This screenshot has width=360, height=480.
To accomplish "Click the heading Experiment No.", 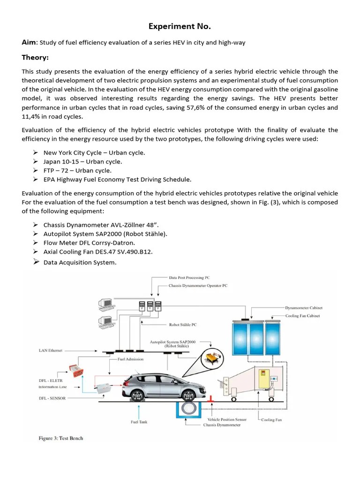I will (x=180, y=26).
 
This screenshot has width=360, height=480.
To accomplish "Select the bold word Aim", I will (x=29, y=43).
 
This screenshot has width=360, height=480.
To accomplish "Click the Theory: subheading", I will (x=35, y=58).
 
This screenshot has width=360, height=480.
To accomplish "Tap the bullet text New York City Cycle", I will (x=94, y=153).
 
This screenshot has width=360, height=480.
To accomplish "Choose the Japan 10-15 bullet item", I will (x=82, y=162).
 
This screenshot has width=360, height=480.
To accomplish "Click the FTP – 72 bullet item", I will (x=77, y=171).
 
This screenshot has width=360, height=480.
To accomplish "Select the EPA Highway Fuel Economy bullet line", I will (x=117, y=180).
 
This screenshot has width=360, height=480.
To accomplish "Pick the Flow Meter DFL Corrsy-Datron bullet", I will (x=89, y=243).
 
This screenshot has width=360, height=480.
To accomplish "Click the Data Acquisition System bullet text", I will (x=80, y=262).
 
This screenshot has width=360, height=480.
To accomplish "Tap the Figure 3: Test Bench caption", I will (x=60, y=438).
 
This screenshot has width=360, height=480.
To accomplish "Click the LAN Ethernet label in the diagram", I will (x=50, y=351).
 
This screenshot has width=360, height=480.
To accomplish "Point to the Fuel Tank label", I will (x=139, y=422).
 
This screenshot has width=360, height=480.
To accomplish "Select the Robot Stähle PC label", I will (x=183, y=324).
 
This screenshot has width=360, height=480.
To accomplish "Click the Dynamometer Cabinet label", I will (x=304, y=308).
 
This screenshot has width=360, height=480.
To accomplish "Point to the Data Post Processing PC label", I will (x=193, y=278).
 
